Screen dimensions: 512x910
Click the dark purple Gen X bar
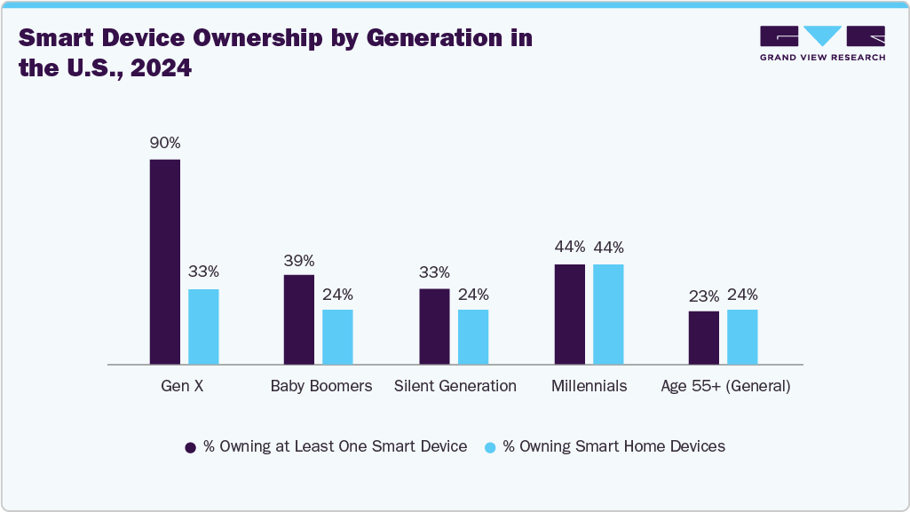[x=165, y=262]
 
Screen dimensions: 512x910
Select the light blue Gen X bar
[x=203, y=327]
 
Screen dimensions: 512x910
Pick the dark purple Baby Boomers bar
[x=299, y=319]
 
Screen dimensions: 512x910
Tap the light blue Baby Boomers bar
[x=337, y=337]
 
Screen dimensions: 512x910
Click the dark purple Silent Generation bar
[x=434, y=327]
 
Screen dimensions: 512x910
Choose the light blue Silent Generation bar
[x=473, y=337]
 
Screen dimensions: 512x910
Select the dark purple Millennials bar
[x=570, y=314]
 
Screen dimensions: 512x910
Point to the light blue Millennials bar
[x=608, y=314]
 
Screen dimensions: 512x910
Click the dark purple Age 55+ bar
[x=704, y=338]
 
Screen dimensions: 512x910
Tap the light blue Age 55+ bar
[x=742, y=337]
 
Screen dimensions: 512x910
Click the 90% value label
[x=165, y=143]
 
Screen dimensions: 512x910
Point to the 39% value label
[x=299, y=261]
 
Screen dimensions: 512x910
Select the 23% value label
[x=704, y=295]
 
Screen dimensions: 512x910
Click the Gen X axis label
[x=183, y=386]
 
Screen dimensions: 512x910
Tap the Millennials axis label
[x=589, y=386]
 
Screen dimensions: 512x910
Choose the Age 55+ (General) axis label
[x=725, y=386]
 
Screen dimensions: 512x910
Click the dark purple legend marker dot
[x=190, y=447]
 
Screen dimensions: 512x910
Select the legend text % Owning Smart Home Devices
[x=613, y=446]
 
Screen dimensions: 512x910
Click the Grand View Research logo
[x=822, y=43]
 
